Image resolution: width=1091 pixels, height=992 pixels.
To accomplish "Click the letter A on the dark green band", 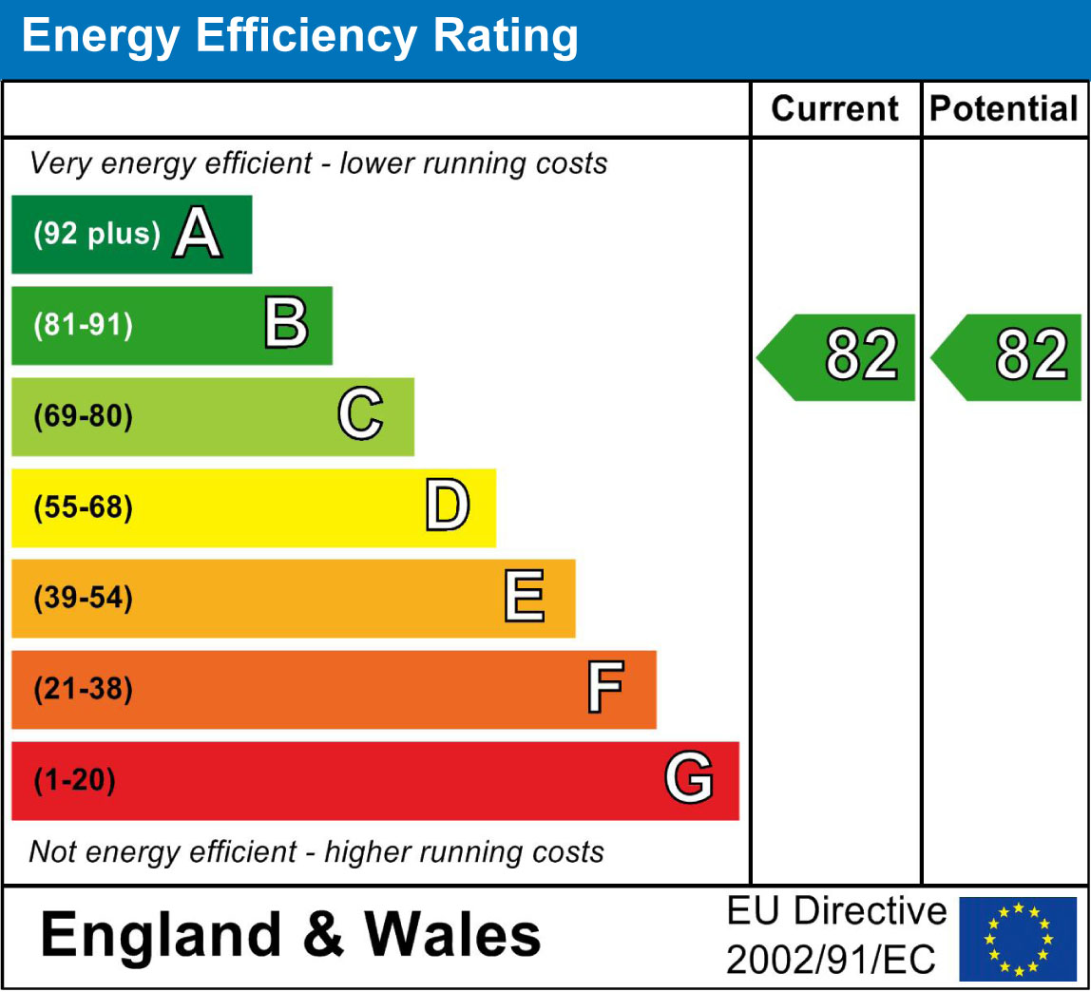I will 197,235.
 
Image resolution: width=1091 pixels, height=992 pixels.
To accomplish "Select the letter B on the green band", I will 285,325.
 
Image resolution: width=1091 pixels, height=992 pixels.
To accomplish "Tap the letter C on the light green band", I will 360,416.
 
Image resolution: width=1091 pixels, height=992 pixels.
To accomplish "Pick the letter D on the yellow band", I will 447,507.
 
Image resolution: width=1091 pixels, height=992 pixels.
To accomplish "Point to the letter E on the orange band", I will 524,599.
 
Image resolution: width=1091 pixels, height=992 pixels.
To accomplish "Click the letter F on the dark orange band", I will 604,690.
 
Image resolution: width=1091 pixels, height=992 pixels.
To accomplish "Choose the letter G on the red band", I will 688,780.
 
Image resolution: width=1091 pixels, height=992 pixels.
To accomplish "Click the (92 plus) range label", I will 97,235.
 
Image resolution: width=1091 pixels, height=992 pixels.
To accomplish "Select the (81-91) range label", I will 83,326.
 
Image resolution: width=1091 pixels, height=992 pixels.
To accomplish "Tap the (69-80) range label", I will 83,417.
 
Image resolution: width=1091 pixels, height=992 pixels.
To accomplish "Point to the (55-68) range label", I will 83,508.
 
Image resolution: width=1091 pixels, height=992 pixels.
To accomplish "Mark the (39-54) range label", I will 83,599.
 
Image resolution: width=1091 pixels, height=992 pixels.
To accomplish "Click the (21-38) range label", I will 83,690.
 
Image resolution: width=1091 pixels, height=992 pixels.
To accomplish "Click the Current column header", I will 834,109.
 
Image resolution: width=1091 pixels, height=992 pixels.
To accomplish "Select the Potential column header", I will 1004,109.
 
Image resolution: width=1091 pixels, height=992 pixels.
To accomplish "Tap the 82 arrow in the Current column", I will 837,356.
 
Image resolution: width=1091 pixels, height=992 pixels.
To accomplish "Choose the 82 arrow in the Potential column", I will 1007,356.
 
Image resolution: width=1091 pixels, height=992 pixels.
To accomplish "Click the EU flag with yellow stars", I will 1018,938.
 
